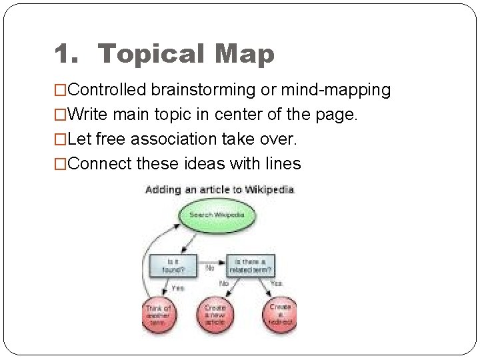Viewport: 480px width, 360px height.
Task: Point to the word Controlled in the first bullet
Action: click(x=107, y=89)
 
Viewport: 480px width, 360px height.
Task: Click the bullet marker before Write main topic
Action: click(x=61, y=115)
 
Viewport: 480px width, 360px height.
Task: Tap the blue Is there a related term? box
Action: click(x=251, y=265)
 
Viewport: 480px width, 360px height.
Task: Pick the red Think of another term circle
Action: click(x=158, y=313)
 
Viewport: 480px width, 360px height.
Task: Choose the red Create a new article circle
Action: click(x=215, y=313)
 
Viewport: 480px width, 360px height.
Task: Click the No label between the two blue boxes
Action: click(x=209, y=268)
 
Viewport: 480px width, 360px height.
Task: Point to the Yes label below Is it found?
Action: click(x=178, y=288)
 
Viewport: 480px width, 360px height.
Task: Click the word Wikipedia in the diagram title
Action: click(x=269, y=190)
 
